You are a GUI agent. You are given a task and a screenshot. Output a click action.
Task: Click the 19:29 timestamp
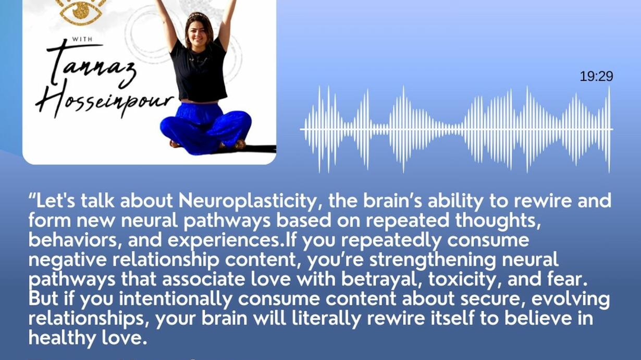(596, 77)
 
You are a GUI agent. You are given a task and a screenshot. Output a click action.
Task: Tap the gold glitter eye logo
(81, 11)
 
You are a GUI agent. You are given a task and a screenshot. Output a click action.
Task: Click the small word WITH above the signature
(82, 39)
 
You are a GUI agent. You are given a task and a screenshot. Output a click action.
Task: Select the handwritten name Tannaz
(91, 66)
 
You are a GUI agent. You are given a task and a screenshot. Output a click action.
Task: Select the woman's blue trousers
(205, 127)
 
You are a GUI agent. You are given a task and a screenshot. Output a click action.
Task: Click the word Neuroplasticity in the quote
(247, 201)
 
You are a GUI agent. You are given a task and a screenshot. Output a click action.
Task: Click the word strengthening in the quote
(433, 260)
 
